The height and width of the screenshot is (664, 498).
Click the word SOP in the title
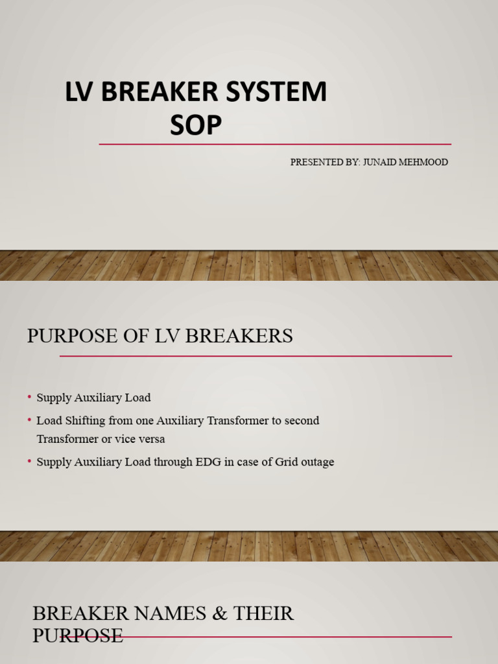(x=196, y=125)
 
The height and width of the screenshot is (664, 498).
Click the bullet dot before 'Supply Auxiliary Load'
(x=30, y=397)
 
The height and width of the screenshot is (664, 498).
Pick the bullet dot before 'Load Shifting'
(x=30, y=420)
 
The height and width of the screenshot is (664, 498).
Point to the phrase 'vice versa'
(x=140, y=439)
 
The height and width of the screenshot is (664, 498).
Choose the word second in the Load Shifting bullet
(x=302, y=420)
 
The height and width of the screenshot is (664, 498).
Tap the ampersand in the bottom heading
(x=213, y=613)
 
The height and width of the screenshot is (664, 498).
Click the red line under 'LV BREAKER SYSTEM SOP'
(x=275, y=144)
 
